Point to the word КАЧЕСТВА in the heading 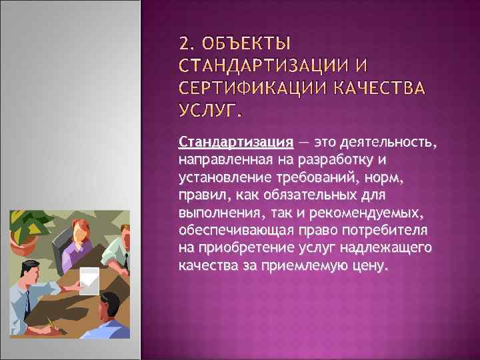pos(385,89)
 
